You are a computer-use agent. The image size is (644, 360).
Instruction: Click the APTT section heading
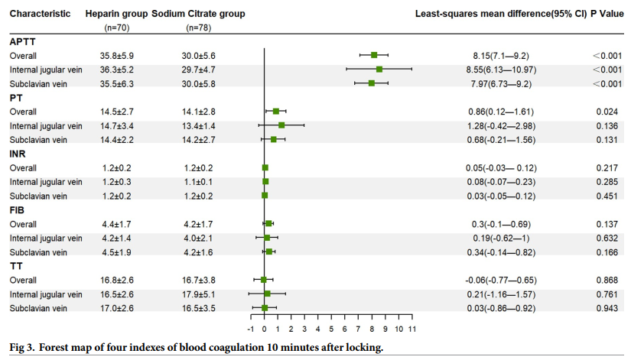[x=21, y=41]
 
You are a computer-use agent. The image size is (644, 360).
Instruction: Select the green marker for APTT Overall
[x=374, y=55]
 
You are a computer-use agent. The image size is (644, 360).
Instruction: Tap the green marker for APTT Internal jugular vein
[x=379, y=69]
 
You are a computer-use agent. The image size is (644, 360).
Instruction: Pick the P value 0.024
[x=607, y=112]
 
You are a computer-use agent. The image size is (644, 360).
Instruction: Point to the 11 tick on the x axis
[x=411, y=329]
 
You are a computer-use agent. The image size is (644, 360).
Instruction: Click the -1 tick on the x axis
[x=251, y=329]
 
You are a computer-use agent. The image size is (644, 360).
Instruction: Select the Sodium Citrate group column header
[x=197, y=14]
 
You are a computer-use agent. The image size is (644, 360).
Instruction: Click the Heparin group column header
[x=116, y=14]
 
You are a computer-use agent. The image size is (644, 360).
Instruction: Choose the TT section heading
[x=15, y=265]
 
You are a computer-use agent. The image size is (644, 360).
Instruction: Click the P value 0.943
[x=607, y=308]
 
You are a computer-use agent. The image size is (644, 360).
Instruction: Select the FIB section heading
[x=17, y=209]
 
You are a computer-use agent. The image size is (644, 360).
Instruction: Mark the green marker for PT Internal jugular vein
[x=281, y=125]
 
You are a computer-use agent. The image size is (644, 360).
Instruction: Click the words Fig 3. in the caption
[x=24, y=348]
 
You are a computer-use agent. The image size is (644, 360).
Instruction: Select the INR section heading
[x=18, y=154]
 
